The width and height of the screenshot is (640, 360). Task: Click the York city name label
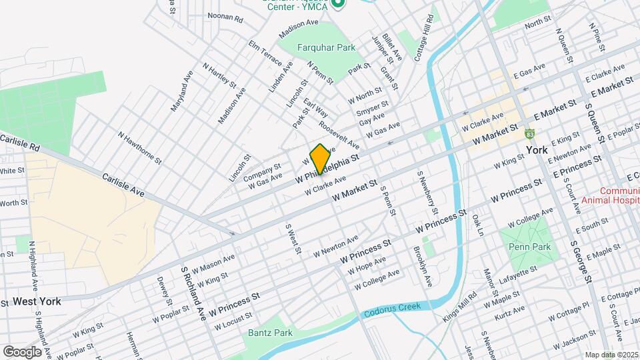click(537, 150)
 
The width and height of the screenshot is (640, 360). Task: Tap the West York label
click(37, 301)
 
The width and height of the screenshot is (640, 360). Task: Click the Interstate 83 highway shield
click(530, 134)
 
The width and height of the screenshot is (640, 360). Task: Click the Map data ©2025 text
click(611, 355)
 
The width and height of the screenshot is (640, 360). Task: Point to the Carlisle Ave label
click(123, 186)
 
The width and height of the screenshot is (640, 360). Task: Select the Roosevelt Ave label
click(339, 134)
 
